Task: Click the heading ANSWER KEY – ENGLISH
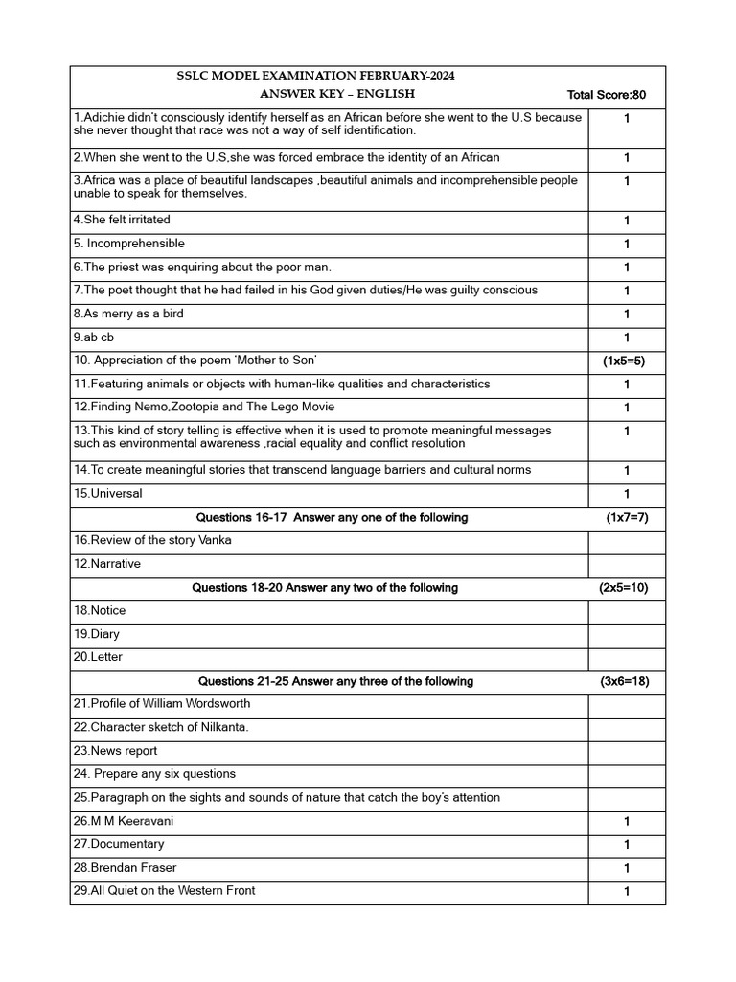click(x=337, y=94)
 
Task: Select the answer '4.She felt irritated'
click(x=122, y=221)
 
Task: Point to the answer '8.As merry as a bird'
click(x=128, y=314)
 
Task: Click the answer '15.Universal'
click(x=107, y=494)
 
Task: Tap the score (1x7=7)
click(x=627, y=518)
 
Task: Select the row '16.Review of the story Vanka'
click(x=152, y=541)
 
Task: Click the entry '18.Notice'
click(x=100, y=611)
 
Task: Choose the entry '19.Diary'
click(x=97, y=634)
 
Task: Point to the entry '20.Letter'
click(x=98, y=658)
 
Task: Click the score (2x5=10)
click(x=624, y=588)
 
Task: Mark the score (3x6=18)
click(x=624, y=681)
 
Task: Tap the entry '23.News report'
click(x=115, y=751)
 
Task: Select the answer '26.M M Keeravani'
click(x=124, y=821)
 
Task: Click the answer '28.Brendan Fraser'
click(x=125, y=868)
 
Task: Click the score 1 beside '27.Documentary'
click(x=626, y=845)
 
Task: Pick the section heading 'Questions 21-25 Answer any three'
click(x=335, y=681)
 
